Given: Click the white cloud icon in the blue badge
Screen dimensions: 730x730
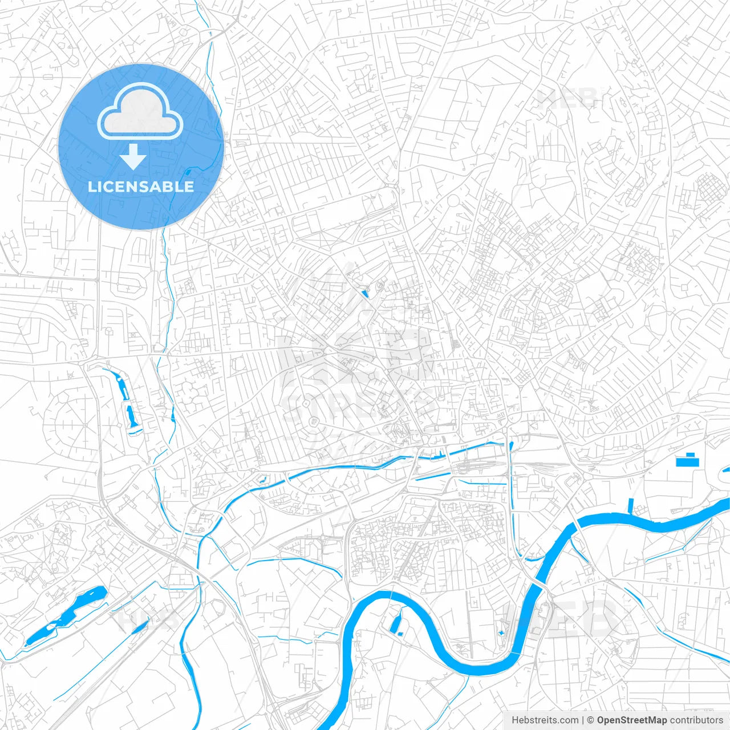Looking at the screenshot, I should click(x=140, y=112).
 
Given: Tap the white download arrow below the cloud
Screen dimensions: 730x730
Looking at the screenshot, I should click(x=133, y=157).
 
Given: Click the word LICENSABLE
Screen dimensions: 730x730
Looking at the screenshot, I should click(x=141, y=186).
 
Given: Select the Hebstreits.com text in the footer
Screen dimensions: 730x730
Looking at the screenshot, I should click(x=545, y=720).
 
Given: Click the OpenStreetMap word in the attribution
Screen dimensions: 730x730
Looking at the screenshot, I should click(x=632, y=720).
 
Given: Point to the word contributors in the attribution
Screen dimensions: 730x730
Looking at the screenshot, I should click(x=696, y=720).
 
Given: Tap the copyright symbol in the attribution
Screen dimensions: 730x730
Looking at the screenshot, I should click(x=591, y=720).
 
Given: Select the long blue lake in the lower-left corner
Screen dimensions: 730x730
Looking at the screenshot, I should click(x=66, y=616).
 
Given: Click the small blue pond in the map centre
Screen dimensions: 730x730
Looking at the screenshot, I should click(x=365, y=294).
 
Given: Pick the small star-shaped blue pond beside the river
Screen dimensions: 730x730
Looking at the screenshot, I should click(x=501, y=632).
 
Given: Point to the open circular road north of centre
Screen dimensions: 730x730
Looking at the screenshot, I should click(x=453, y=201).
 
